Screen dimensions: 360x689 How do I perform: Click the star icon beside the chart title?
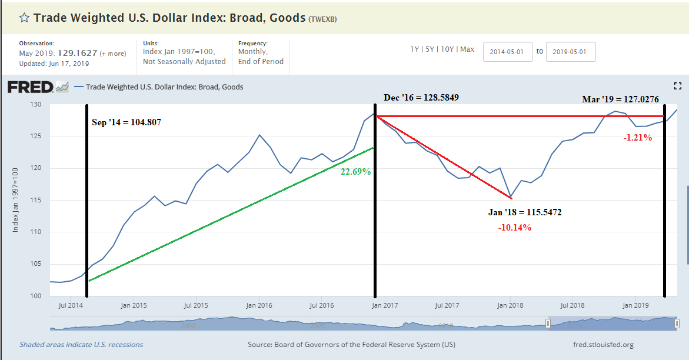pyautogui.click(x=24, y=18)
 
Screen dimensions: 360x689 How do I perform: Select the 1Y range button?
pyautogui.click(x=415, y=49)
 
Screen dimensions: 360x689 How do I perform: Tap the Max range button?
pyautogui.click(x=467, y=49)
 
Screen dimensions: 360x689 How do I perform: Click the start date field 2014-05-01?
pyautogui.click(x=508, y=51)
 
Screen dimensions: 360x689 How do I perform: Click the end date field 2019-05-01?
pyautogui.click(x=571, y=51)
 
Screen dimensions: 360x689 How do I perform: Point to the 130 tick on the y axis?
pyautogui.click(x=36, y=105)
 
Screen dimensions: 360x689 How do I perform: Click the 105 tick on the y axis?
pyautogui.click(x=36, y=264)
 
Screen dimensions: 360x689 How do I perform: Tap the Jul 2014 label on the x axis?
pyautogui.click(x=71, y=305)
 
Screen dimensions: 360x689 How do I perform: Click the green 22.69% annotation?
pyautogui.click(x=355, y=172)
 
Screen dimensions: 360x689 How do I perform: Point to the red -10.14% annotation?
pyautogui.click(x=514, y=228)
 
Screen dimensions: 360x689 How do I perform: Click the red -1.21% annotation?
pyautogui.click(x=638, y=137)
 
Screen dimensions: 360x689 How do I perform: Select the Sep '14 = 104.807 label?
pyautogui.click(x=126, y=122)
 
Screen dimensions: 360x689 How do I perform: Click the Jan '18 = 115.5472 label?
pyautogui.click(x=524, y=212)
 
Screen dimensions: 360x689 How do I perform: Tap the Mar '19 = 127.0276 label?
pyautogui.click(x=620, y=99)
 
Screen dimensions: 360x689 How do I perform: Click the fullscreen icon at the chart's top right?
pyautogui.click(x=677, y=86)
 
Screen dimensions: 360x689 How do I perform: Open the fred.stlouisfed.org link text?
pyautogui.click(x=603, y=345)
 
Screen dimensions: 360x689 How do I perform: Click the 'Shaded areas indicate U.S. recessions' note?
pyautogui.click(x=81, y=345)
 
